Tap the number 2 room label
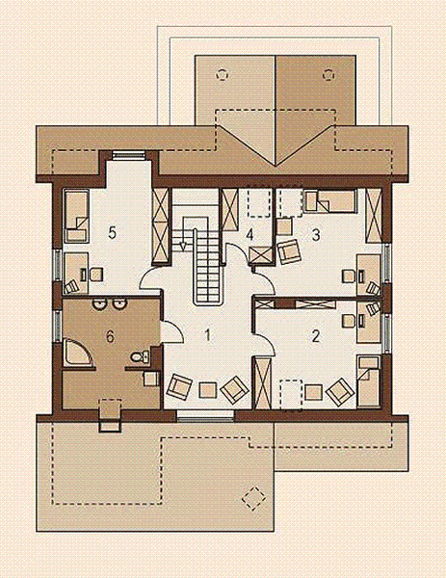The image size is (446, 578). click(x=315, y=336)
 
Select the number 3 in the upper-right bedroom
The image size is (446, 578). click(x=315, y=233)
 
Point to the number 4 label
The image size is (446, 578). click(x=249, y=234)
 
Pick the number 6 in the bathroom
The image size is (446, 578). click(x=110, y=336)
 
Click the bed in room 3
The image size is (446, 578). click(x=328, y=201)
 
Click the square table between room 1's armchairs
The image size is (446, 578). click(x=207, y=389)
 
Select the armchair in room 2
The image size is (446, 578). click(x=337, y=391)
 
